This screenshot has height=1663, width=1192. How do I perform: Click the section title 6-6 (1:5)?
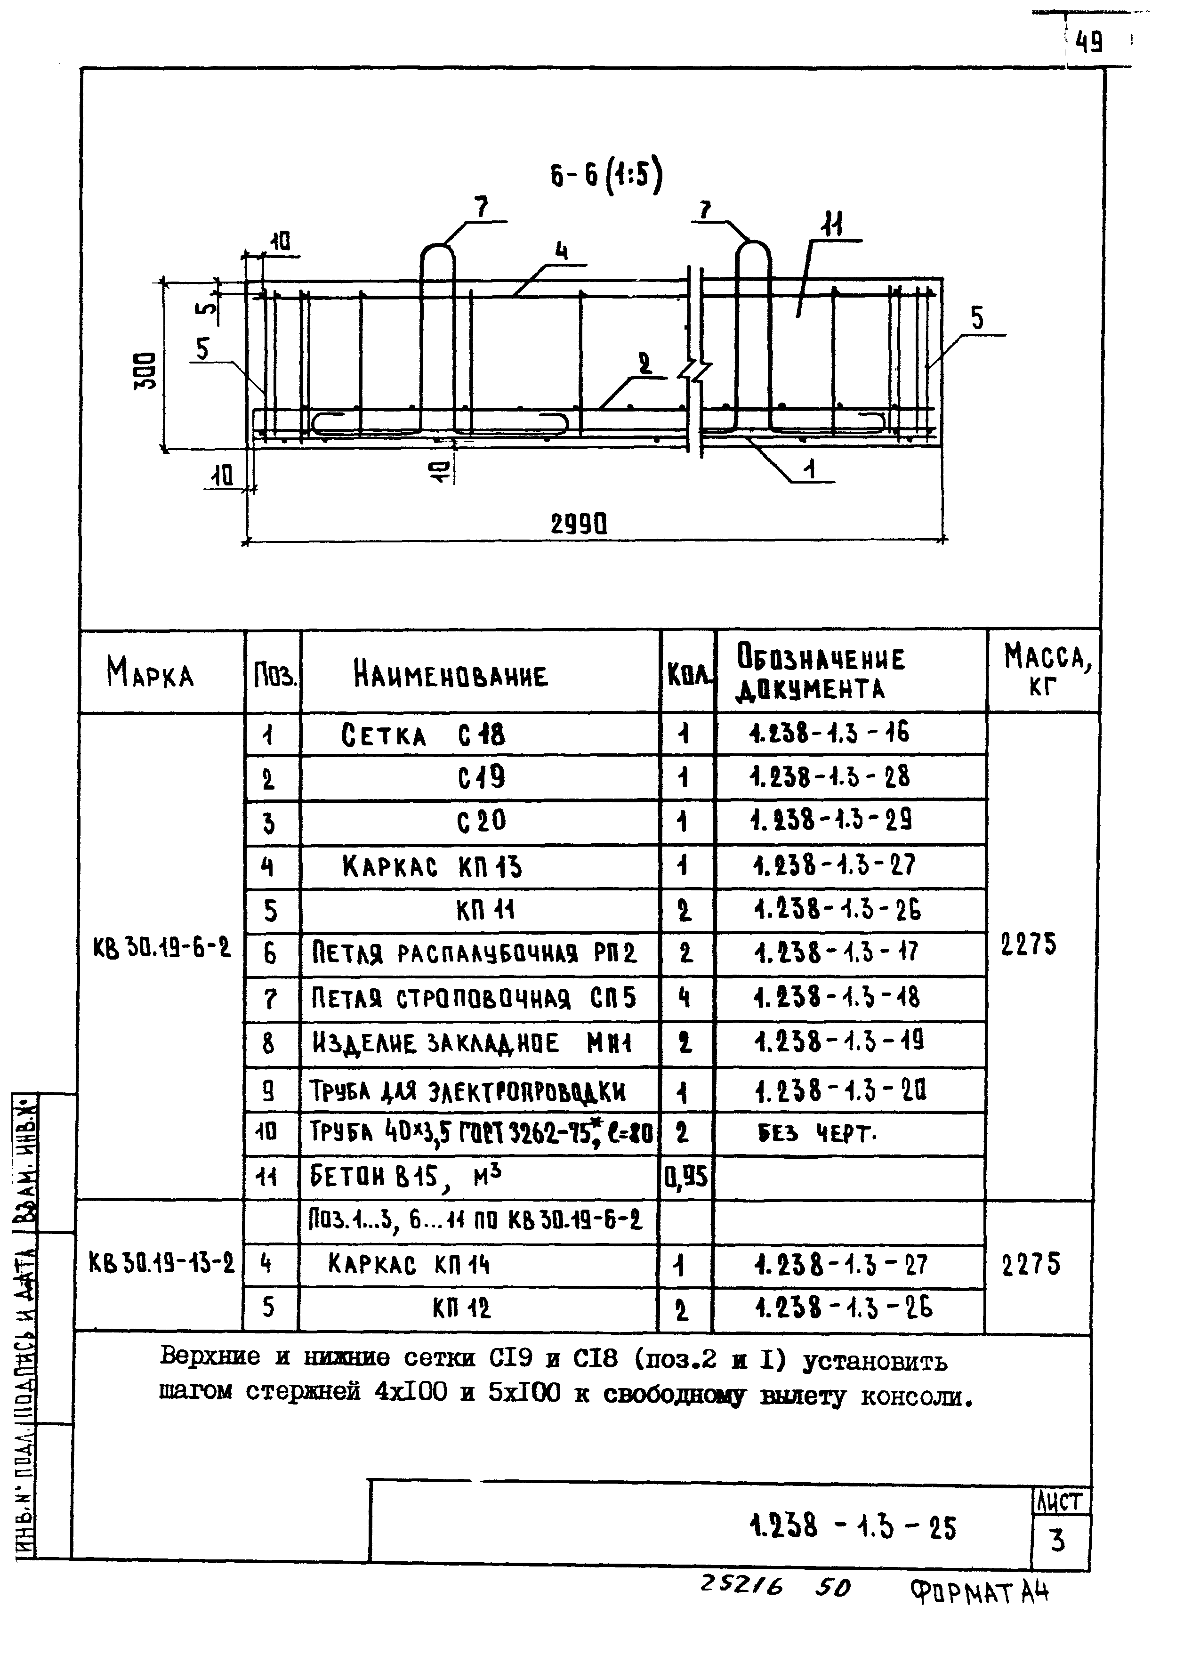coord(606,177)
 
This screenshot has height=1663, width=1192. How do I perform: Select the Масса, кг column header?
coord(1046,669)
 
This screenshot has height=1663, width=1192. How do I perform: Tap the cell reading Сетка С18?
coord(423,735)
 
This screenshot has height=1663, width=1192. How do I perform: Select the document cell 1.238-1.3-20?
coord(840,1091)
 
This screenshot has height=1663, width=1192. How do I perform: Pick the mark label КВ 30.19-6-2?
coord(161,949)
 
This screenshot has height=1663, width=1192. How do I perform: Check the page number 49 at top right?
coord(1088,43)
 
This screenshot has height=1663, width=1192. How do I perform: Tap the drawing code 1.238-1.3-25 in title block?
coord(853,1526)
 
